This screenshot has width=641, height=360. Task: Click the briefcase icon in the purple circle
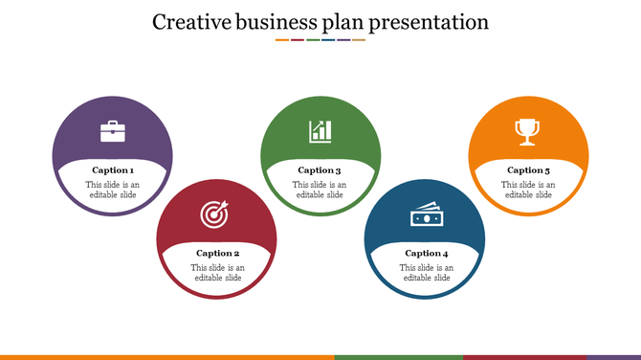113,131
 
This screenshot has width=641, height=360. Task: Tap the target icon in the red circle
215,215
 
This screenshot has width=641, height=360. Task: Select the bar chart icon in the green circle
320,131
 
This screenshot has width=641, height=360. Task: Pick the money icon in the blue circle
426,215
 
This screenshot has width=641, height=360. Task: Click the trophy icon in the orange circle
527,131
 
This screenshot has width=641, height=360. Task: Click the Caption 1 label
113,170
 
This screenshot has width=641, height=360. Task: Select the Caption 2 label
217,254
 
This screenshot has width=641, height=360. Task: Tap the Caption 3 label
320,170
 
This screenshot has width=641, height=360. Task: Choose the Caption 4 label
426,254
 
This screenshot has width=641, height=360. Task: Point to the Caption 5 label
528,170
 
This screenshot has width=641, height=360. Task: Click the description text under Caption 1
113,190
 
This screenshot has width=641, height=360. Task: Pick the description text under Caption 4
426,273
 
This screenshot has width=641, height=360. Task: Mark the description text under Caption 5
528,190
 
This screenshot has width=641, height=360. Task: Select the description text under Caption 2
217,273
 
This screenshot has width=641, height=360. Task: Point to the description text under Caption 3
320,190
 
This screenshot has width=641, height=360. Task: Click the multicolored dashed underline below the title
320,40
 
